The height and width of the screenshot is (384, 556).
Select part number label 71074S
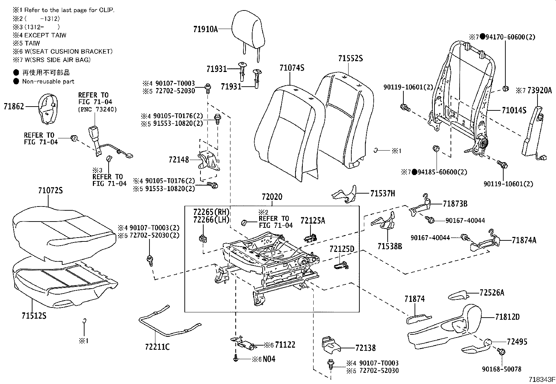point(292,68)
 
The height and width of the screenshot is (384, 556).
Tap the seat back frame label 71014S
point(514,111)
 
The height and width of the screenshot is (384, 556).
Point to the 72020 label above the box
point(272,197)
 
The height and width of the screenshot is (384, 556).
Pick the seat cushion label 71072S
point(50,191)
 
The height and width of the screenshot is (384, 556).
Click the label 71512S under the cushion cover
point(34,316)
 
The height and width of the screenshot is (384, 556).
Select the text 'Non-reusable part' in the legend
point(48,81)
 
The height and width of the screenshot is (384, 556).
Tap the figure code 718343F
point(541,379)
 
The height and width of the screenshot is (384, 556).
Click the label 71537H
point(382,193)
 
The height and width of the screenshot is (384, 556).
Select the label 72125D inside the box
point(342,249)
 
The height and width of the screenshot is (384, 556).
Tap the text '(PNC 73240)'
point(97,109)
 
